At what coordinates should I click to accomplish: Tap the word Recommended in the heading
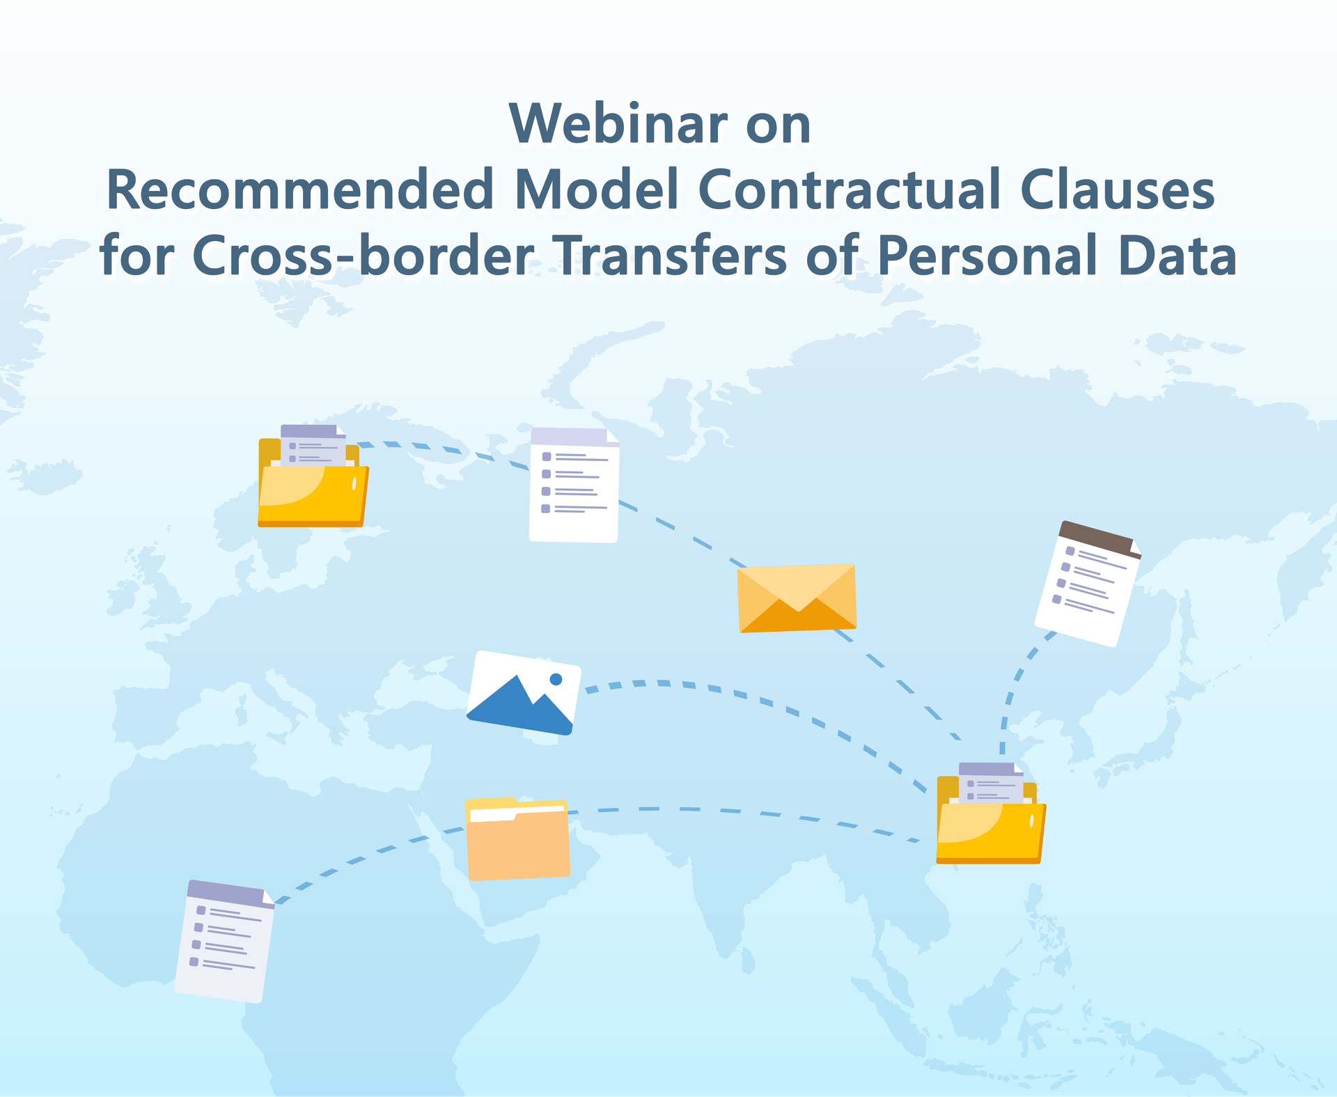click(300, 189)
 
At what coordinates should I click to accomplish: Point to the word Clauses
click(1118, 189)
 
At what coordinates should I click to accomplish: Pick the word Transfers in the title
click(673, 255)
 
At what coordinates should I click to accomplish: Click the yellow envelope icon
click(797, 598)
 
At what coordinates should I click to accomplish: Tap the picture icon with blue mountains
click(524, 693)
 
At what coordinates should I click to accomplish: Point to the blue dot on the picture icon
click(556, 679)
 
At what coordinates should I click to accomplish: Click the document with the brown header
click(1087, 584)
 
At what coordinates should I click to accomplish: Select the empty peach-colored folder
click(517, 839)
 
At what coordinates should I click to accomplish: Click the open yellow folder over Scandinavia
click(313, 476)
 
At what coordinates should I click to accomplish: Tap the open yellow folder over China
click(991, 814)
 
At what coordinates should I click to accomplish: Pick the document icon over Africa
click(224, 941)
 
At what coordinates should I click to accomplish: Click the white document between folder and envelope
click(574, 485)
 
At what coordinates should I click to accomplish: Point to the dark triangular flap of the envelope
click(798, 616)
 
